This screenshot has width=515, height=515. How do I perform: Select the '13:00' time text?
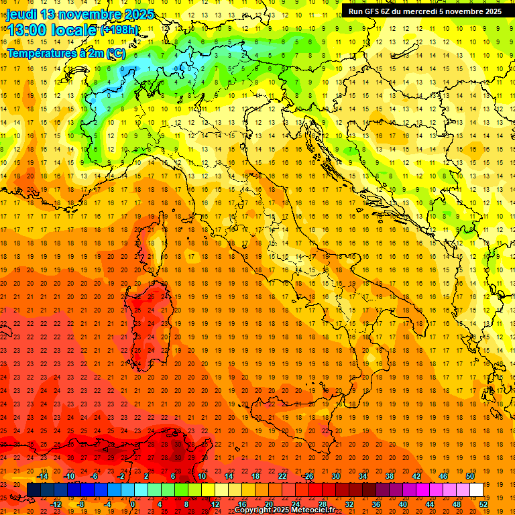click(27, 30)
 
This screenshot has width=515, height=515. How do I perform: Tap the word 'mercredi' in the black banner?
click(422, 11)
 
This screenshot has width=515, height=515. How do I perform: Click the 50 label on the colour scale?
click(469, 476)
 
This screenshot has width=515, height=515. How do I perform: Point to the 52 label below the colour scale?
click(483, 504)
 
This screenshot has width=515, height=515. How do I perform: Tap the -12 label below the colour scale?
click(56, 504)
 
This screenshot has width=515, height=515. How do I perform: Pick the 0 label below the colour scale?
click(133, 504)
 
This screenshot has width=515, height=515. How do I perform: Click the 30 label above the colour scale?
click(335, 476)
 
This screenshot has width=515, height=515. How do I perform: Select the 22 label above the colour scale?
click(282, 476)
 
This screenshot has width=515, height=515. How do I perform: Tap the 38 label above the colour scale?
click(389, 476)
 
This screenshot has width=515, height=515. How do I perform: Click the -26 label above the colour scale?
click(308, 476)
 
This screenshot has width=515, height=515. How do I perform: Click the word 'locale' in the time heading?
click(75, 30)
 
